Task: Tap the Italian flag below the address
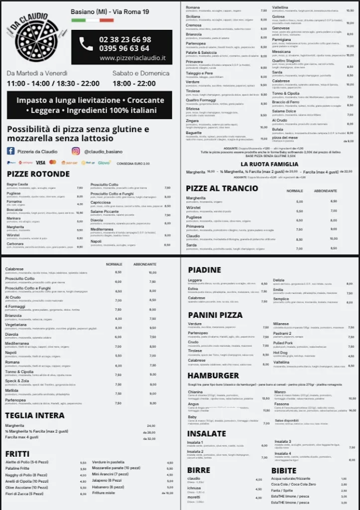coord(93,20)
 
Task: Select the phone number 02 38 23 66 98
coord(125,39)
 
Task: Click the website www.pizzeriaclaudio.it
coord(132,58)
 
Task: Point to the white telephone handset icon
coord(86,44)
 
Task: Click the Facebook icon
coord(10,151)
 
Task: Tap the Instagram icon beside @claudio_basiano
coord(76,151)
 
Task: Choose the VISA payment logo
coord(40,162)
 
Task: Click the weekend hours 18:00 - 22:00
coord(134,83)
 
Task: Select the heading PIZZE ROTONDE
coord(38,174)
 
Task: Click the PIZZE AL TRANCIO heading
coord(222,188)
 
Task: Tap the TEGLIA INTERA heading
coord(35,415)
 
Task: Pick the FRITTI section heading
coord(17,454)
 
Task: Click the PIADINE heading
coord(204,269)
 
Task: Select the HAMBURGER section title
coord(213,375)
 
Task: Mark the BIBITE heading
coord(284,470)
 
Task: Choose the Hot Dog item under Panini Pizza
coord(280,353)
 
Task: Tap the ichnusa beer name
coord(194,488)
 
